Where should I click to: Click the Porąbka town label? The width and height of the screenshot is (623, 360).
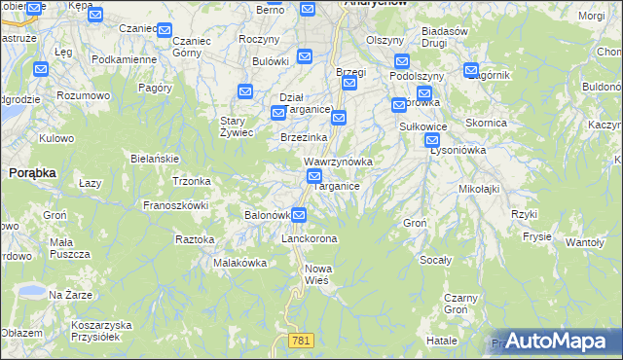tap(32, 172)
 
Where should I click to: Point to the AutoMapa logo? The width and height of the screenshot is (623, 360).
tap(558, 341)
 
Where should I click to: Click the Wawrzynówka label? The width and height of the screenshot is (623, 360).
tap(338, 161)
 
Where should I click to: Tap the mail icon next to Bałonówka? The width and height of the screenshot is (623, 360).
tap(299, 215)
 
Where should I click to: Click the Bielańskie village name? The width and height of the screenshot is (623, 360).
tap(154, 158)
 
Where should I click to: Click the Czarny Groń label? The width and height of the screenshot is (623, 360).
tap(460, 304)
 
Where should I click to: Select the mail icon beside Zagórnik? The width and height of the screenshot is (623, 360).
tap(471, 71)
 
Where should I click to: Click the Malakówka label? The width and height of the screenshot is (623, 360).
tap(240, 263)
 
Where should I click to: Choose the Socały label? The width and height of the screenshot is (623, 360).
tap(435, 260)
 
